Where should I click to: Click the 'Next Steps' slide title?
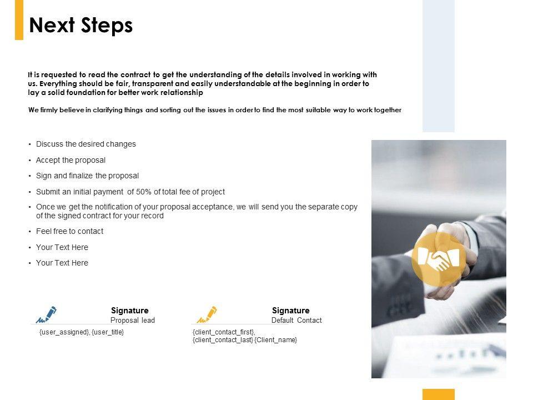point(81,26)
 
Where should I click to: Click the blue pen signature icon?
point(46,314)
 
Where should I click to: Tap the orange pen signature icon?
point(207,314)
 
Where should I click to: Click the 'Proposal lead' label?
point(133,321)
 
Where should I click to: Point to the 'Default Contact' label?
point(296,321)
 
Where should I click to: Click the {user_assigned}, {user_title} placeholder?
point(82,332)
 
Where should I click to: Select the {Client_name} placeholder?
point(276,339)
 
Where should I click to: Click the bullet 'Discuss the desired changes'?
point(86,144)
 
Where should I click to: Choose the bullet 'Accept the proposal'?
point(71,160)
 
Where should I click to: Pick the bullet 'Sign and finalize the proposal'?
point(87,176)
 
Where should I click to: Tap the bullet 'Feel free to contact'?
point(69,231)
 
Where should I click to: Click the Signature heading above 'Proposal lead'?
point(130,311)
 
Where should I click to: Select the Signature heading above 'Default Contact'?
point(291,311)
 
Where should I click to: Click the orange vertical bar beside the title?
point(19,20)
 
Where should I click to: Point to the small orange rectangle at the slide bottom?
point(438,394)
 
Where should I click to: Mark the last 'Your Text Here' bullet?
point(62,263)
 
